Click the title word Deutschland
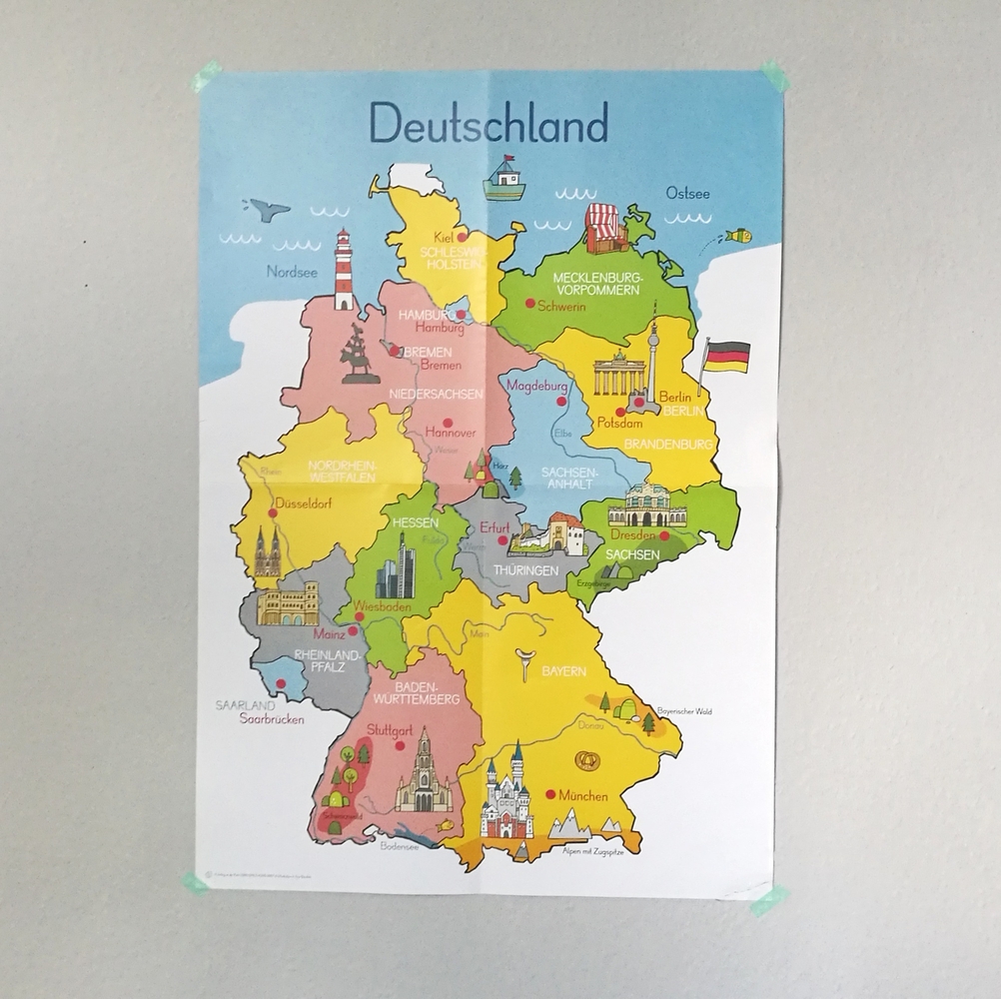pos(489,124)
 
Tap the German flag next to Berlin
pos(726,357)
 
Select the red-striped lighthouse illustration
pos(344,269)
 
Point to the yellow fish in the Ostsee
pos(737,236)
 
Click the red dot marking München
pos(549,794)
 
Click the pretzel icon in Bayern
pos(584,762)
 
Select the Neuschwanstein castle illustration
pos(507,793)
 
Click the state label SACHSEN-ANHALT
pos(568,478)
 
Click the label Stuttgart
pos(389,731)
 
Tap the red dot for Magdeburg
pos(561,400)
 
